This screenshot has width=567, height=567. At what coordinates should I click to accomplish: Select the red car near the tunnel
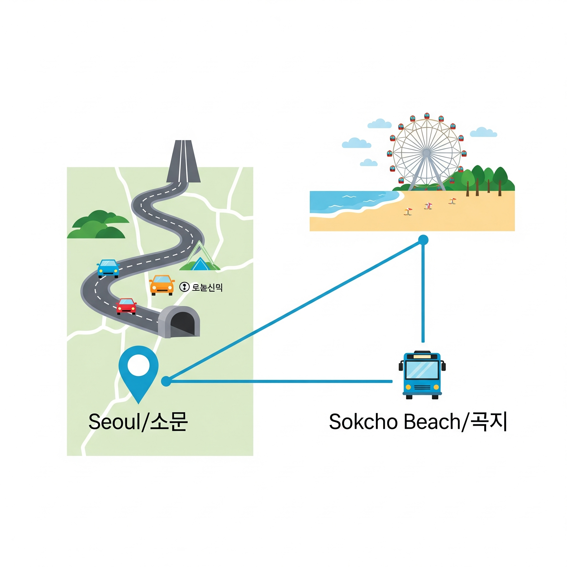[126, 306]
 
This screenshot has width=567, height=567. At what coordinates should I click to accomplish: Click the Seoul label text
[138, 421]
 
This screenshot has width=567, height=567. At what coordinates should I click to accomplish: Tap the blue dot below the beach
[423, 240]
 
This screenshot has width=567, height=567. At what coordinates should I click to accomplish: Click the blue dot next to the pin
[166, 381]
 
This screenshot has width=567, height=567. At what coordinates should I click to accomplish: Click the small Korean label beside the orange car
[207, 287]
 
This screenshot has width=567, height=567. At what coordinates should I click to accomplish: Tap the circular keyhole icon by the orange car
[184, 287]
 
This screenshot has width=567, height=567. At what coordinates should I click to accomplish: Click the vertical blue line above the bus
[423, 293]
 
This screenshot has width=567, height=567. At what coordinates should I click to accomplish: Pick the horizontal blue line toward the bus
[279, 381]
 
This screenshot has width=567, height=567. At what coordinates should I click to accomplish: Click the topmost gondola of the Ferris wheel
[427, 116]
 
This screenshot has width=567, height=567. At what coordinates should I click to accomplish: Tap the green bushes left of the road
[98, 225]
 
